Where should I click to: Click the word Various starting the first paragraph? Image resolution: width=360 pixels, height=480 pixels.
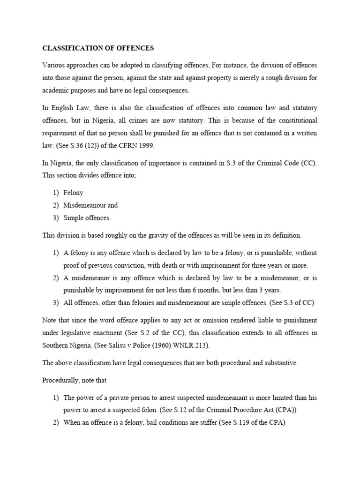tap(55, 65)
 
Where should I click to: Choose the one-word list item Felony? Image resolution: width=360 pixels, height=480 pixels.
tap(74, 193)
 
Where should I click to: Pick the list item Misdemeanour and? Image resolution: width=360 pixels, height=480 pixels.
tap(90, 205)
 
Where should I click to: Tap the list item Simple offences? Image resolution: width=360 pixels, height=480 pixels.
tap(87, 218)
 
